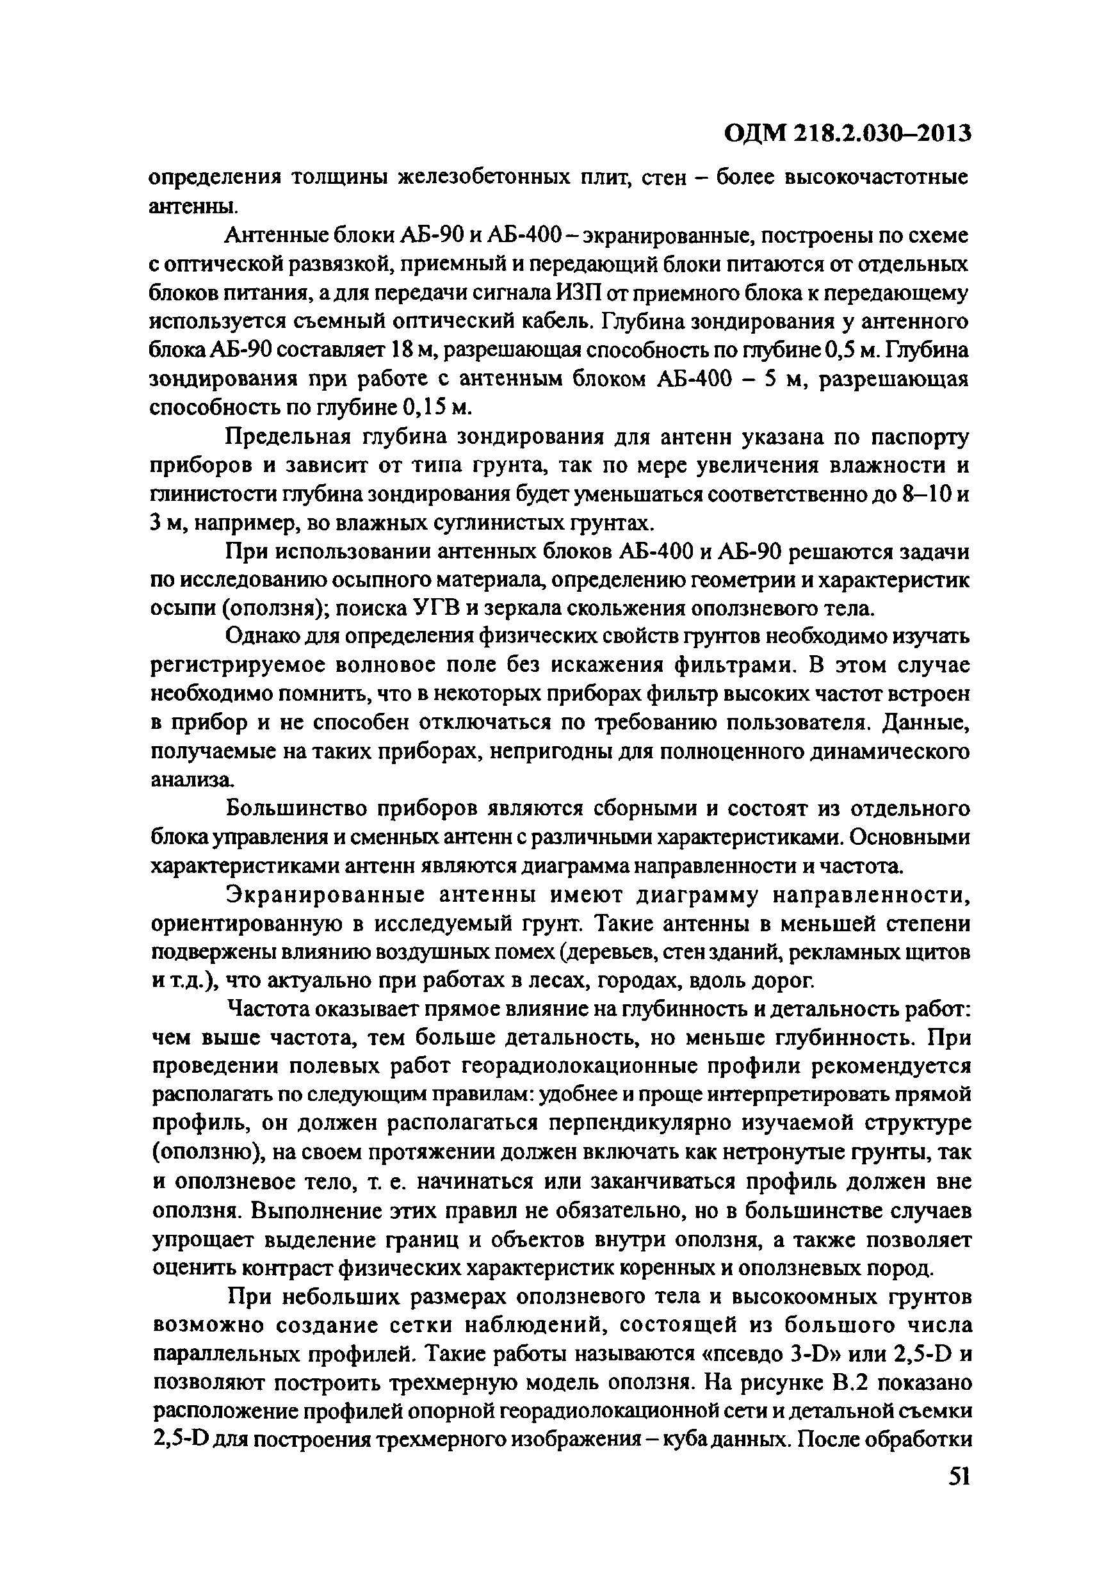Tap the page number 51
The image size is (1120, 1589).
[958, 1478]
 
